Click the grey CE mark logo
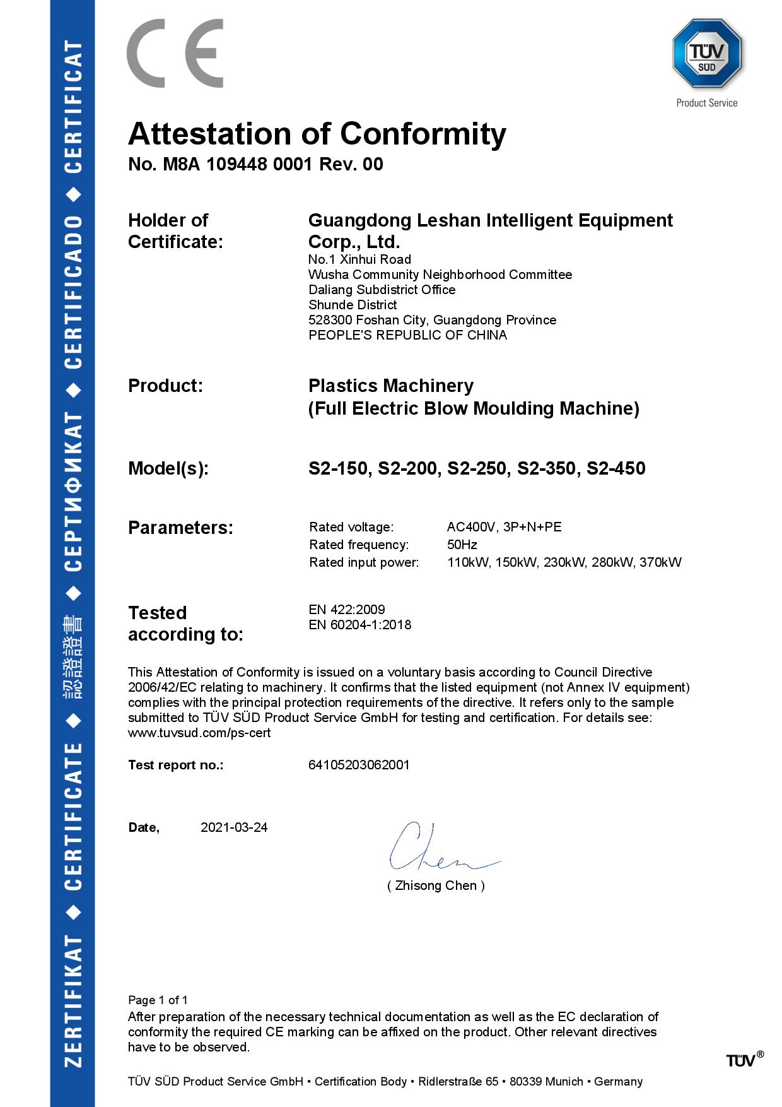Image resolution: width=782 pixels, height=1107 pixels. (175, 53)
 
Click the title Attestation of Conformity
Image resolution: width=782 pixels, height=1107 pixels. (317, 134)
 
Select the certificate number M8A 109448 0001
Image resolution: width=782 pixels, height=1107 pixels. (237, 165)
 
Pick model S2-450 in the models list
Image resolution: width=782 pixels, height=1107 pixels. (616, 469)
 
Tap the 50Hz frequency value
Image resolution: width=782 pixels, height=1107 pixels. (462, 545)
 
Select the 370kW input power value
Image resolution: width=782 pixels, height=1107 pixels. (660, 562)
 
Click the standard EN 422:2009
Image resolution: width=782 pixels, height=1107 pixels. (346, 610)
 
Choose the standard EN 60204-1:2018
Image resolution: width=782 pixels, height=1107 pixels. (359, 625)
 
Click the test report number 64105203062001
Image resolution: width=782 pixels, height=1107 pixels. (359, 765)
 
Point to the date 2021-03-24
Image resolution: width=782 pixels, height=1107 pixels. (234, 827)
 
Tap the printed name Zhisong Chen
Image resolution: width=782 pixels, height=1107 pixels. (436, 885)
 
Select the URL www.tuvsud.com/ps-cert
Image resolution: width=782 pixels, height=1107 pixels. (199, 733)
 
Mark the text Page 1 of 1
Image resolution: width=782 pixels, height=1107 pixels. (158, 1000)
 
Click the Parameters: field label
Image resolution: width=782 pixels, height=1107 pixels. (180, 528)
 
